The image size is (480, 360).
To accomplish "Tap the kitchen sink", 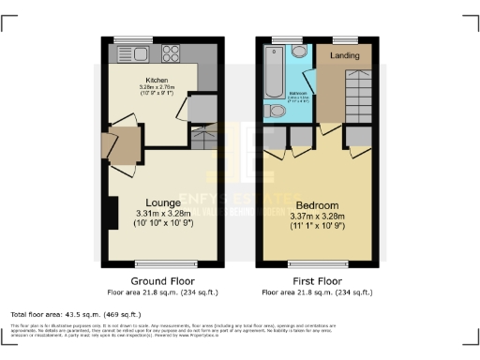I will point(126,53).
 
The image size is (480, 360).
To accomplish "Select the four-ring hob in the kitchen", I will point(173,53).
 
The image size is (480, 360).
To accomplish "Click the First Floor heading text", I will point(318,279).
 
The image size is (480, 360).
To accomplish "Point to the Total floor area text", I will point(75,313).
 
